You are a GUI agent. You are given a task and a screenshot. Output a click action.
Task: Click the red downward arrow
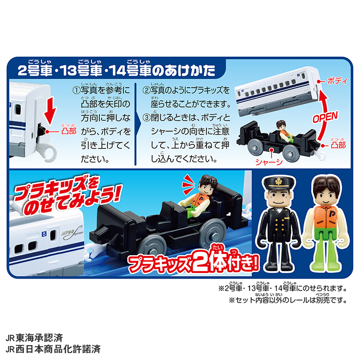50,111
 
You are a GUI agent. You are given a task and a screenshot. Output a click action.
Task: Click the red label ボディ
337,81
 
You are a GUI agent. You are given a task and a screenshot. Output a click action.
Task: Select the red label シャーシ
269,162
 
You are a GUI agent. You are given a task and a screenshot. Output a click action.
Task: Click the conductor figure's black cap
279,183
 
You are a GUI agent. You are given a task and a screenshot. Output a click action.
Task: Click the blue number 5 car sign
44,234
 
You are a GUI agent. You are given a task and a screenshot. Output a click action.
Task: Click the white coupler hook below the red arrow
49,151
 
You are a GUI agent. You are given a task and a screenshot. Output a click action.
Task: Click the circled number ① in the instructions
76,91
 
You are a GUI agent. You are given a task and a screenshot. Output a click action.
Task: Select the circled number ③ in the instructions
147,118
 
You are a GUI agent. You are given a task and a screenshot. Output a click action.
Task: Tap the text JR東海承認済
34,338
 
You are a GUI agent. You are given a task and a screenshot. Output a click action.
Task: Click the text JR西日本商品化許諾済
53,349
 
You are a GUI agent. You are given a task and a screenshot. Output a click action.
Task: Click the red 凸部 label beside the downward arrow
69,131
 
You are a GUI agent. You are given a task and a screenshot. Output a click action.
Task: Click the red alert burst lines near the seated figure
188,184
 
